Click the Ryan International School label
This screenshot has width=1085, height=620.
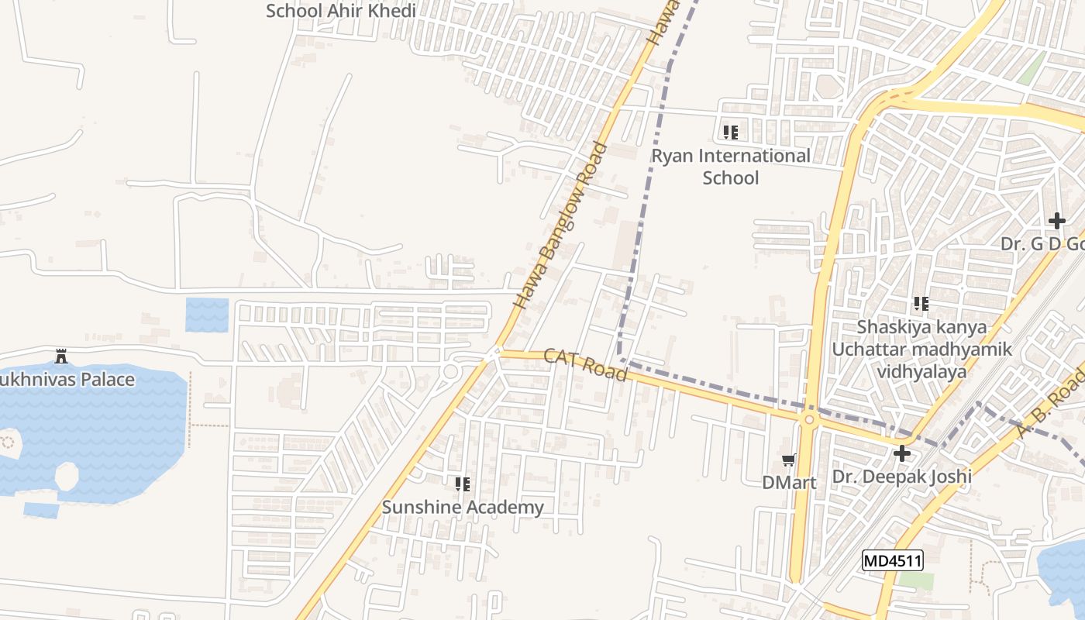coord(730,167)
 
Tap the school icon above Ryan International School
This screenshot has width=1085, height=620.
coord(730,133)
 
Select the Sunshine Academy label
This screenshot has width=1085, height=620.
coord(463,508)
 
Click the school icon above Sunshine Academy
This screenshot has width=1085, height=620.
coord(463,484)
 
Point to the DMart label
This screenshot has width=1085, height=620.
coord(789,483)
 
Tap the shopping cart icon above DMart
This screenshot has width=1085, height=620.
coord(789,460)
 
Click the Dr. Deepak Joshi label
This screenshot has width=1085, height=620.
coord(901,476)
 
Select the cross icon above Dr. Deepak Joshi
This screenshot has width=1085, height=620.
coord(902,453)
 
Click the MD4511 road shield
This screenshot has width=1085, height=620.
coord(893,560)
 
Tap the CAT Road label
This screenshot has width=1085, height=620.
coord(585,364)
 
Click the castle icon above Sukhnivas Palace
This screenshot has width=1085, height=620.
coord(61,356)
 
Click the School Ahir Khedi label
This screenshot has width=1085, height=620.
coord(341,11)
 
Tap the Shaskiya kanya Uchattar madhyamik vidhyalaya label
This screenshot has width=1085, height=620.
coord(921,349)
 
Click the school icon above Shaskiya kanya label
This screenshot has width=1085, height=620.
coord(921,304)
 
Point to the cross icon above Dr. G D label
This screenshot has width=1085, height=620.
coord(1057,221)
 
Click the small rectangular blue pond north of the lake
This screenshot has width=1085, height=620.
coord(207,315)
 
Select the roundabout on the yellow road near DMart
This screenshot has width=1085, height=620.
coord(810,420)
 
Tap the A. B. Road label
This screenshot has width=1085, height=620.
coord(1050,403)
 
